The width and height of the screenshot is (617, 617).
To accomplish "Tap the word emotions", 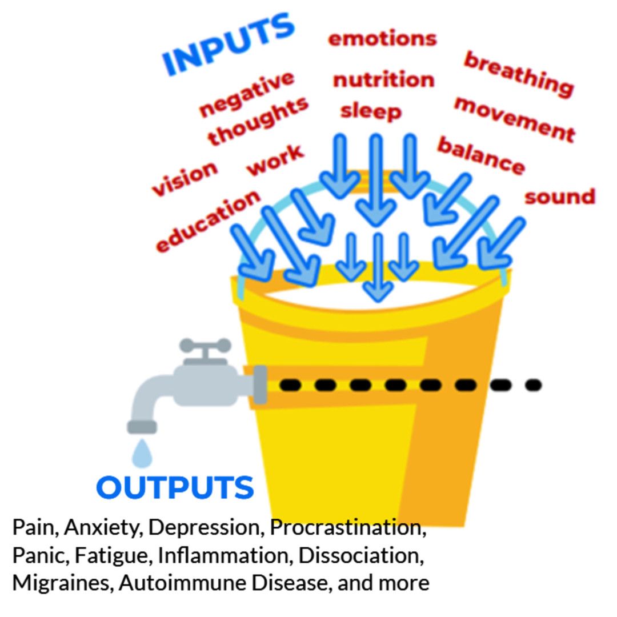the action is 382,39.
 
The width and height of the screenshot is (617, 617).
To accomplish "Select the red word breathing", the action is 519,74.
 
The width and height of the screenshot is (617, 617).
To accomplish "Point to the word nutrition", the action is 384,79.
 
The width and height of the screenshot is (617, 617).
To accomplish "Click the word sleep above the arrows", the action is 371,111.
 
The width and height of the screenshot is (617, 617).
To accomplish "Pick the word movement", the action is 515,119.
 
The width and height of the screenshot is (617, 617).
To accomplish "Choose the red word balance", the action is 481,155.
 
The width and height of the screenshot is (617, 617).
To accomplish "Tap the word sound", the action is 559,197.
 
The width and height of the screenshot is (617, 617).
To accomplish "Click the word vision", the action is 185,178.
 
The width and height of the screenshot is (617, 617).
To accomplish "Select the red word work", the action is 275,160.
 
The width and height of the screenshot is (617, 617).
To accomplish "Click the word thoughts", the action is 258,120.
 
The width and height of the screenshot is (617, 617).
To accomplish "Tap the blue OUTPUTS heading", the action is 175,487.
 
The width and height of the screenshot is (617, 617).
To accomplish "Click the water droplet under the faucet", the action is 142,454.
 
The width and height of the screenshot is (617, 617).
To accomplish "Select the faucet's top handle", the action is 205,346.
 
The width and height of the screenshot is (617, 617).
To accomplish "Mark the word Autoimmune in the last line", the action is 183,583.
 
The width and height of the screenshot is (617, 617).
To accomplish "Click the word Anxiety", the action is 103,528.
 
